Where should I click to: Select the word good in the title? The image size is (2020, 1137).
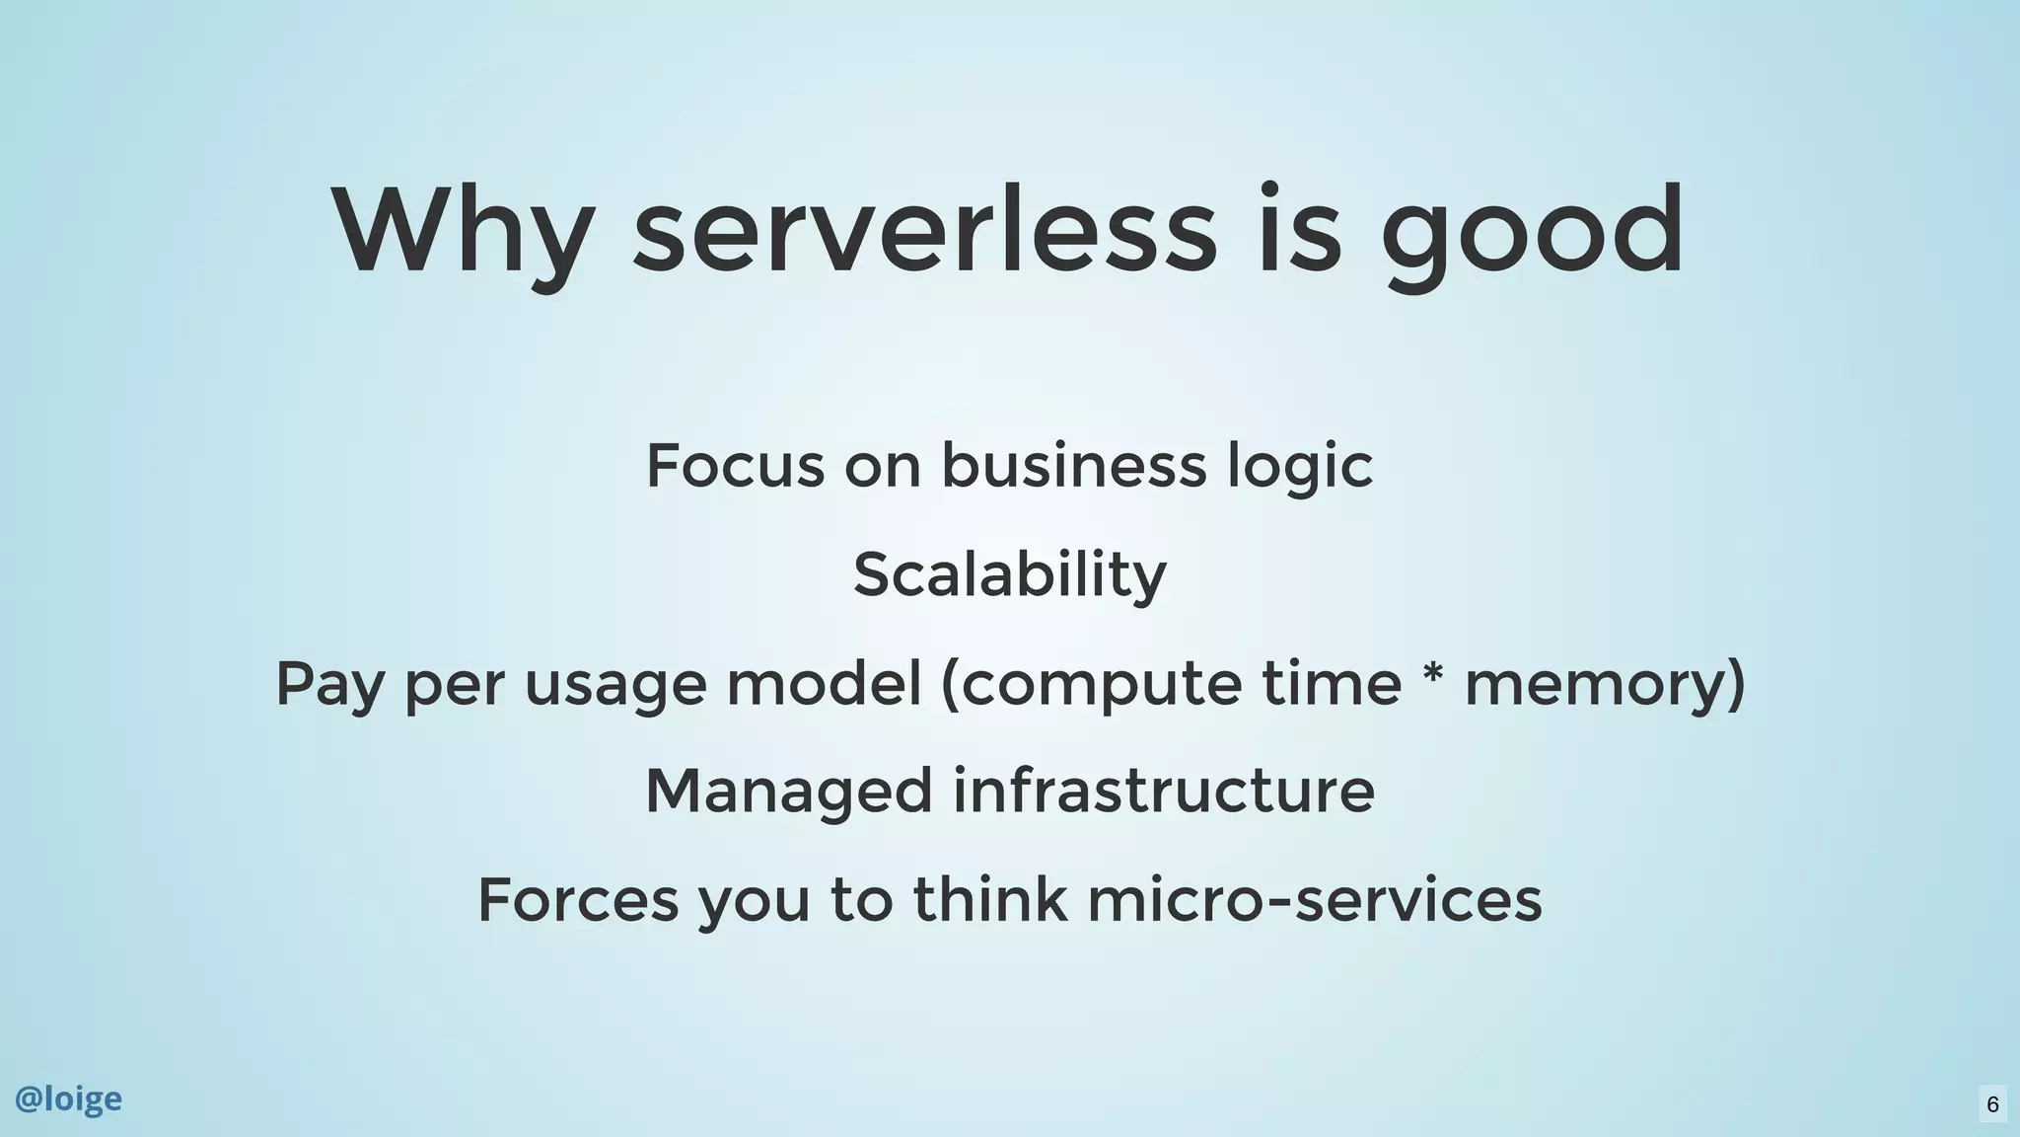tap(1532, 232)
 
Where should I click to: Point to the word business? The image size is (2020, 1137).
tap(1073, 466)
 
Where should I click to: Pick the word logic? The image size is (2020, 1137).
tap(1300, 468)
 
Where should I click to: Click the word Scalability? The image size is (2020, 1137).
tap(1009, 575)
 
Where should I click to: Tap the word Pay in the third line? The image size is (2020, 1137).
tap(328, 685)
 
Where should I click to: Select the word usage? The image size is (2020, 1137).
tap(615, 685)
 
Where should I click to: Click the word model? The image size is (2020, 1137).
tap(824, 683)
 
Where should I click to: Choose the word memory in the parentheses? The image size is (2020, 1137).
tap(1596, 685)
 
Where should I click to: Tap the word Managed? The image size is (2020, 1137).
tap(788, 793)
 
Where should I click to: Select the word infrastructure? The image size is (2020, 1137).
tap(1163, 792)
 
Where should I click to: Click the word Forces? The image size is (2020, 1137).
tap(578, 900)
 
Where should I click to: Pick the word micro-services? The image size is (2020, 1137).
tap(1314, 900)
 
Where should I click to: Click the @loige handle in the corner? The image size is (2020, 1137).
tap(68, 1099)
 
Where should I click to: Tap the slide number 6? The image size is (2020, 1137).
tap(1992, 1103)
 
